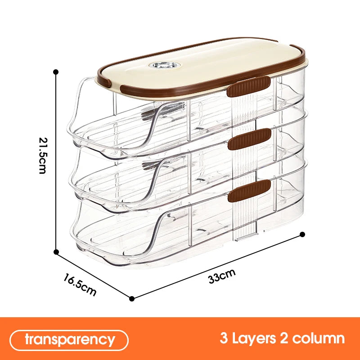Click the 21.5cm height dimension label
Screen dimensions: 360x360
tap(43, 155)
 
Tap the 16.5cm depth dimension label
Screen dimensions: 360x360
tap(80, 284)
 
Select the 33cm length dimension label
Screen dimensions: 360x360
tap(221, 276)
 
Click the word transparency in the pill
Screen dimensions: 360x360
tap(70, 340)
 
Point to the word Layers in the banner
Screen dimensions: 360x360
tap(254, 338)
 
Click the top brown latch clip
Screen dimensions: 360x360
tap(249, 86)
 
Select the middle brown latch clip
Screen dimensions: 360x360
tap(250, 139)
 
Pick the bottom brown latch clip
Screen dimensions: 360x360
tap(249, 191)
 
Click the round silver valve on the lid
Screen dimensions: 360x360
tap(164, 65)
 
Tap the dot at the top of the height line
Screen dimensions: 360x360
tap(55, 72)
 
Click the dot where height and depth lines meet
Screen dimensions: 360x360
tap(56, 252)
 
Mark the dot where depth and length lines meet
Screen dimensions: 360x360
tap(131, 299)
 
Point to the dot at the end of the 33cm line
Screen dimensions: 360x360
tap(302, 234)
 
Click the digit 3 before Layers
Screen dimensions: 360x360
tap(224, 338)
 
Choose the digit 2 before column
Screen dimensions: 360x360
tap(284, 338)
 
